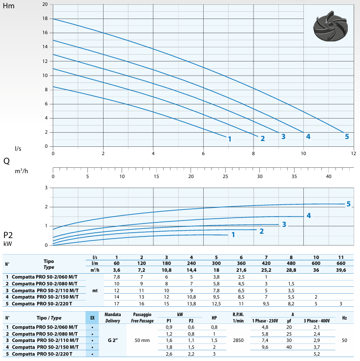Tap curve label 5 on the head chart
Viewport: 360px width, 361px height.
347,137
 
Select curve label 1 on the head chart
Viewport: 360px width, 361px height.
229,139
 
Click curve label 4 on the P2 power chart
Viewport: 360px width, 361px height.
309,215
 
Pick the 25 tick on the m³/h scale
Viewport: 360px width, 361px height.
225,176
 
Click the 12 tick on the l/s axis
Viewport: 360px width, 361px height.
354,153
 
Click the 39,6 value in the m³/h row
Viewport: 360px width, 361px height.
340,269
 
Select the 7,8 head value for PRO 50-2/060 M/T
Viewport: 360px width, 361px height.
117,277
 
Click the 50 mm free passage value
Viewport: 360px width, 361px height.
141,340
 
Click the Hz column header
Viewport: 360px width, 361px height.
344,318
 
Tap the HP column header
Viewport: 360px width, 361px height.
214,318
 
